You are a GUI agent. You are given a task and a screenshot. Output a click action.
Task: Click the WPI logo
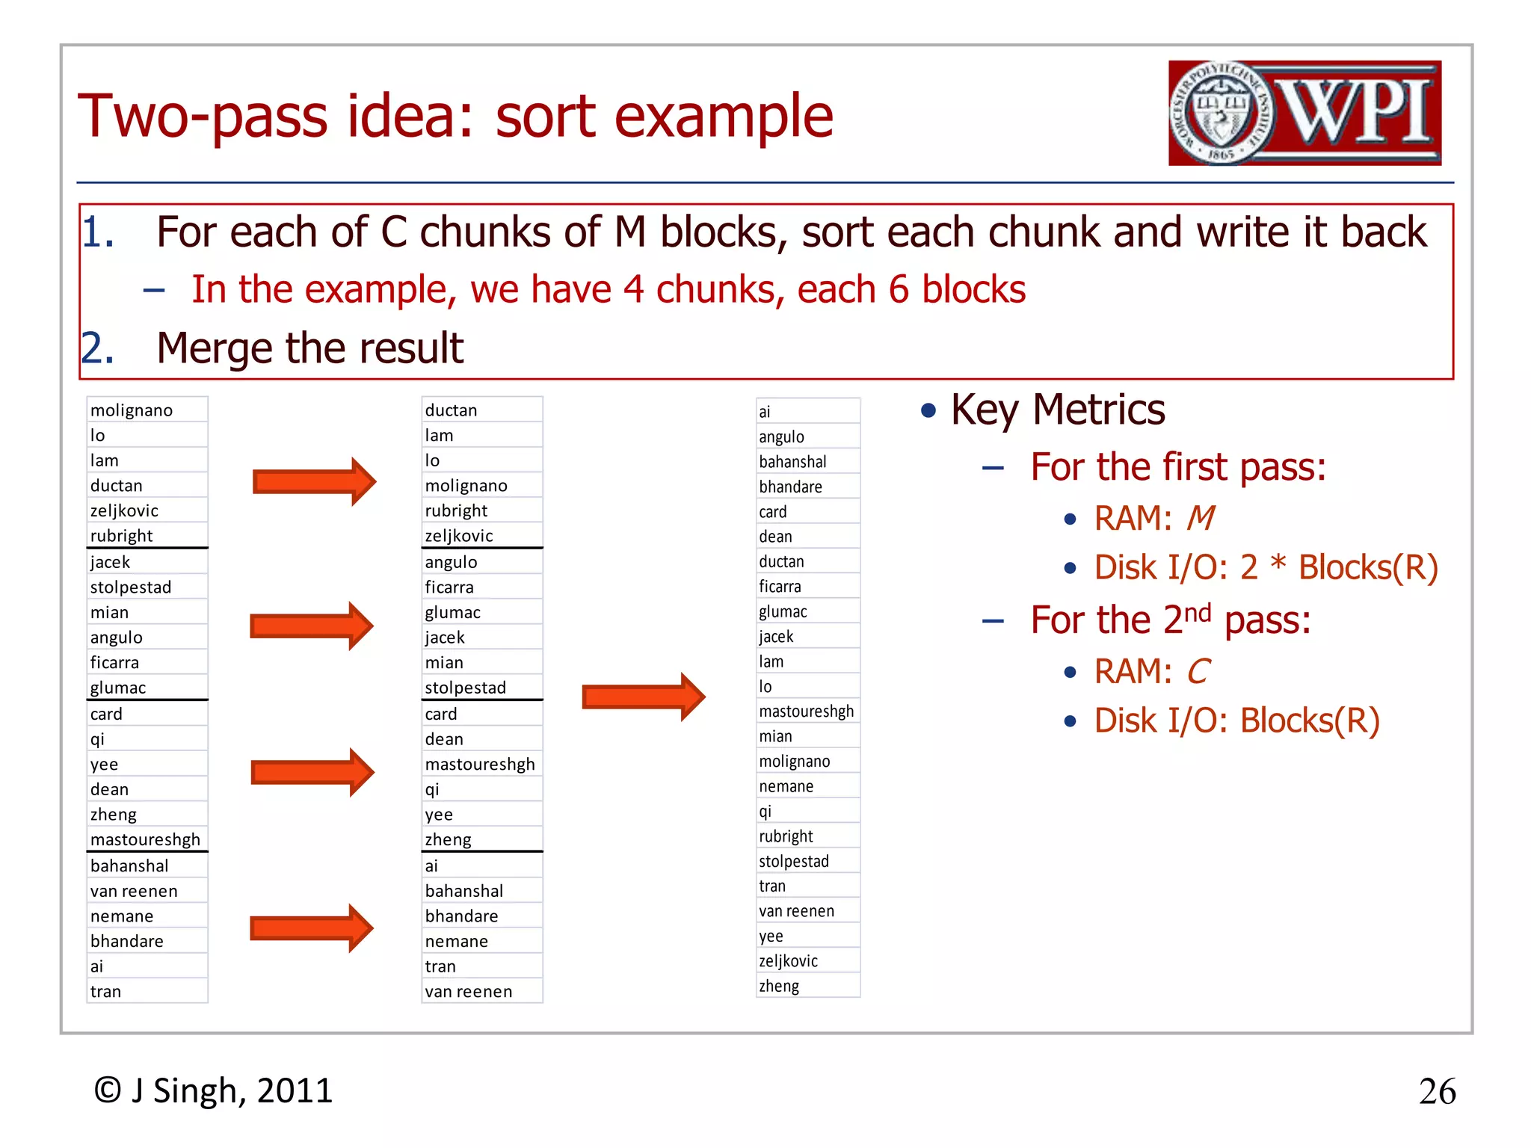coord(1304,113)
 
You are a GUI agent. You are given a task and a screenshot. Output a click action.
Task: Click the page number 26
coord(1436,1091)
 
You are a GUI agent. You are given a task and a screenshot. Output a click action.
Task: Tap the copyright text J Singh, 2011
coord(213,1090)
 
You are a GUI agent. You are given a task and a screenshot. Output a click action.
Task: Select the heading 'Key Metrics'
coord(1057,410)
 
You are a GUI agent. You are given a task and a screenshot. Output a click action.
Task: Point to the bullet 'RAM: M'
coord(1153,518)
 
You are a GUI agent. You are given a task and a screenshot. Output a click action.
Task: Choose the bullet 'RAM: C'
coord(1151,671)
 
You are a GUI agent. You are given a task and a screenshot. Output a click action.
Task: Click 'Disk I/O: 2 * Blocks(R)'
coord(1266,567)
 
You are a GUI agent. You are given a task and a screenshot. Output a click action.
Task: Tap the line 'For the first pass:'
coord(1177,467)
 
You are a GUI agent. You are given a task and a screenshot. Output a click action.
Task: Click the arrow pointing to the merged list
coord(643,697)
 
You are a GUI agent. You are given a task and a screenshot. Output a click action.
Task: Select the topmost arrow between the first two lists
coord(314,482)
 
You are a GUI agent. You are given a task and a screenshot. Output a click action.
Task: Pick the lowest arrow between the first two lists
coord(311,928)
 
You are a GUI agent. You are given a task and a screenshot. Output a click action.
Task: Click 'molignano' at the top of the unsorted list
coord(132,410)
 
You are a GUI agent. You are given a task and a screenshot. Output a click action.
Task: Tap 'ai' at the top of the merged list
coord(765,412)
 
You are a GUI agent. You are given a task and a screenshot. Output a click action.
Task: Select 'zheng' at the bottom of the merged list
coord(779,986)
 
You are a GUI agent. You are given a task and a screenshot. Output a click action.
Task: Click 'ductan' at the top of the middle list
coord(451,410)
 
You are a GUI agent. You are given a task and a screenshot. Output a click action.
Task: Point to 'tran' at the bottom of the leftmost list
coord(105,992)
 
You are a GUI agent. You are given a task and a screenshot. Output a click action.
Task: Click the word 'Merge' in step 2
coord(215,348)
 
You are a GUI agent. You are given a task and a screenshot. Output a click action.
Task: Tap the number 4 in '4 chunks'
coord(633,289)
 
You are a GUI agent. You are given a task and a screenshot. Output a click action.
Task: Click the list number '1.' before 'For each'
coord(98,232)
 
